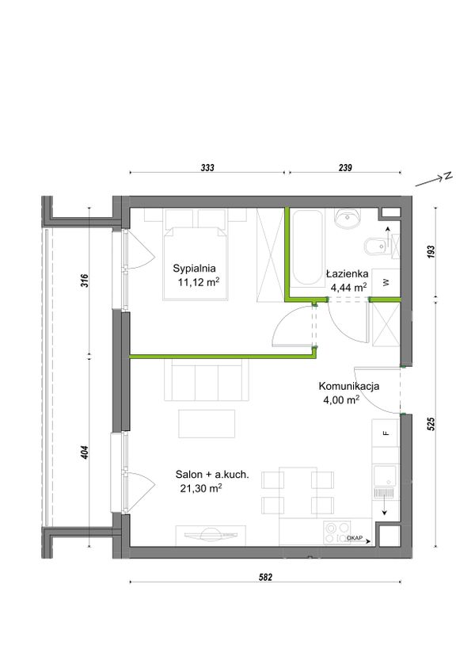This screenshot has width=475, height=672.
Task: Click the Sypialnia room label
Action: coord(194,269)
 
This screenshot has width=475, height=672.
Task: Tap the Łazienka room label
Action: coord(347,273)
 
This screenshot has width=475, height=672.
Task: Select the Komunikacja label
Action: coord(348,386)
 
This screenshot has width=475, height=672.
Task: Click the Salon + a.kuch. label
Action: coord(212,475)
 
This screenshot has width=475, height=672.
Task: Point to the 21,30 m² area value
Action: coord(201,488)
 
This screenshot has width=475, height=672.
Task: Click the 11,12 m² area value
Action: coord(199,282)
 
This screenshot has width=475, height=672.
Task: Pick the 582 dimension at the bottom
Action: coord(265,577)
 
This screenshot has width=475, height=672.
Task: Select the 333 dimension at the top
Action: coord(207,167)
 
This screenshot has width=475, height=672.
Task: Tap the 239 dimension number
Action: coord(345,167)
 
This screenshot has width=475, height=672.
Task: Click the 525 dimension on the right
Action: coord(431,424)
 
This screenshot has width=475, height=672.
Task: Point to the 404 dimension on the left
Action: coord(85,453)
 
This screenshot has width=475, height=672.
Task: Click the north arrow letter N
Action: coord(448,176)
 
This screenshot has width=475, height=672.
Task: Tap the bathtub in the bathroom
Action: coord(306,247)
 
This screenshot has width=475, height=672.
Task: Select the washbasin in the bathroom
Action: coord(348,219)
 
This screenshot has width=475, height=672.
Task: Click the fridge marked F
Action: coord(386,433)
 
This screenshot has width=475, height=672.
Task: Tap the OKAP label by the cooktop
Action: coord(355,537)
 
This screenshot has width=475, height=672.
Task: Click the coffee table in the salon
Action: coord(207,424)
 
